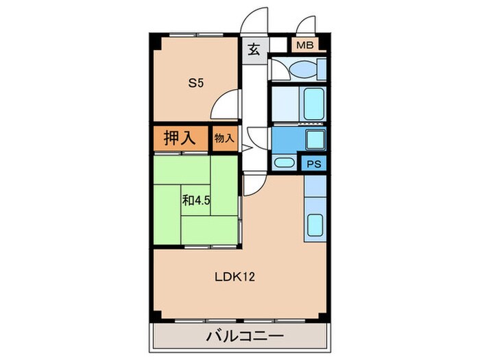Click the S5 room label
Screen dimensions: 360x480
click(x=197, y=84)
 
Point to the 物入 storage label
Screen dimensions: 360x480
click(x=224, y=138)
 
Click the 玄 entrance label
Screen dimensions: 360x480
click(x=253, y=49)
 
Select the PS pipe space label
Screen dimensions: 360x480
click(x=314, y=164)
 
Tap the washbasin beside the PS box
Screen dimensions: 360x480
click(x=283, y=163)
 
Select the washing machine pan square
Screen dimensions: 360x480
click(x=315, y=141)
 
